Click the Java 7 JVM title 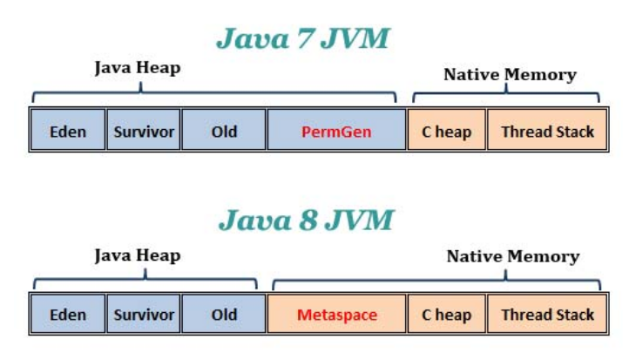coord(303,38)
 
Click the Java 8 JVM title coord(306,220)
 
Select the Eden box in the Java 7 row coord(68,132)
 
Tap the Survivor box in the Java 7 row coord(144,132)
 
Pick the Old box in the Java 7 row coord(224,132)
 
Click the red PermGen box coord(336,132)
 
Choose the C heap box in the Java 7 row coord(446,132)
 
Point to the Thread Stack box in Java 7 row coord(547,132)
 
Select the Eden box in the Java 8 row coord(68,315)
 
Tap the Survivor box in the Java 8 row coord(144,315)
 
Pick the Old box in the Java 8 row coord(224,315)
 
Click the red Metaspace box coord(336,315)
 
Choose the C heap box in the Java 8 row coord(446,315)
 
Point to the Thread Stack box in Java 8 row coord(547,315)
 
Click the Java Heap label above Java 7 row coord(137,68)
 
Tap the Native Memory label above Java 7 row coord(510,75)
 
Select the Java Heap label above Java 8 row coord(137,255)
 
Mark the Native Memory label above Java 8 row coord(512,256)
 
